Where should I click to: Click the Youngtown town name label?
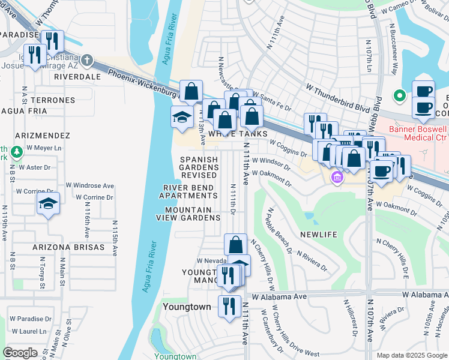(x=187, y=307)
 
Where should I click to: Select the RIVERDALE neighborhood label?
(x=77, y=77)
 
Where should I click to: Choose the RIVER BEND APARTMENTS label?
(x=188, y=191)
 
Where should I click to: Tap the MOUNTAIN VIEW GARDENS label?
(x=188, y=214)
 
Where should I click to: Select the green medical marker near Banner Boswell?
(x=397, y=96)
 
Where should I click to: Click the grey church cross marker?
(x=88, y=60)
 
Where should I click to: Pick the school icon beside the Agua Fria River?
(x=182, y=117)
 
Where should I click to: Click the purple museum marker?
(x=337, y=177)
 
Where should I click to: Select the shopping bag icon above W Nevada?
(x=236, y=244)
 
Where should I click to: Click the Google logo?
(x=20, y=353)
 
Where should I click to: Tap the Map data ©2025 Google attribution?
(x=411, y=355)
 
